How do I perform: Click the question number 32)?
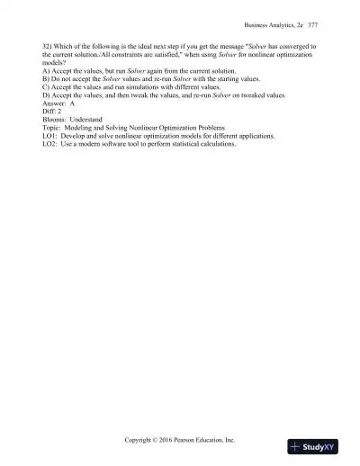(48, 44)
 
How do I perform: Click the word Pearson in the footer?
(194, 441)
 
